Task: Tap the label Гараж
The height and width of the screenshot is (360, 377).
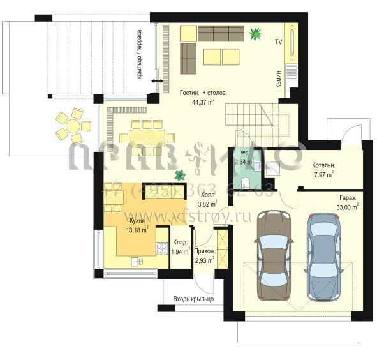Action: click(348, 198)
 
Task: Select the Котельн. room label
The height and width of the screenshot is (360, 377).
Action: click(324, 165)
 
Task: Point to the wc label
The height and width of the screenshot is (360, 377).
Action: click(244, 153)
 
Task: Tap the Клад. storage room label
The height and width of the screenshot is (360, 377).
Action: click(180, 242)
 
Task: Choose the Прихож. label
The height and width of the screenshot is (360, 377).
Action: click(205, 251)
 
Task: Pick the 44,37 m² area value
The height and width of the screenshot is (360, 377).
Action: click(203, 101)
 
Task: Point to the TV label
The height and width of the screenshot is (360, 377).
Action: click(278, 41)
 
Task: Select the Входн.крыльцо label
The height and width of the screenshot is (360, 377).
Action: click(193, 299)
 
